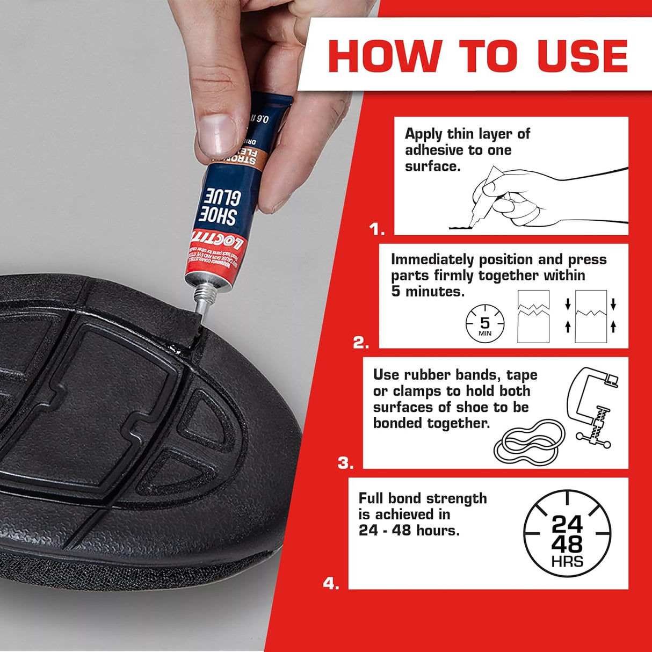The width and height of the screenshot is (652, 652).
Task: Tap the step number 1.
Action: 376,230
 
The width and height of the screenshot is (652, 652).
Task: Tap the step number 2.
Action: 360,343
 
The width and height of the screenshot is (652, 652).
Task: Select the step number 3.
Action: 345,463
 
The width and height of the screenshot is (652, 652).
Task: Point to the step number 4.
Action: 331,583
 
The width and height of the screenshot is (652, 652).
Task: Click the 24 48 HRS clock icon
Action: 567,533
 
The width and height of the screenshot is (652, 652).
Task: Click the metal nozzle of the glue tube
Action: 200,305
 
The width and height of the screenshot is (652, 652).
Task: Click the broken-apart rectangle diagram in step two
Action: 533,316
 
